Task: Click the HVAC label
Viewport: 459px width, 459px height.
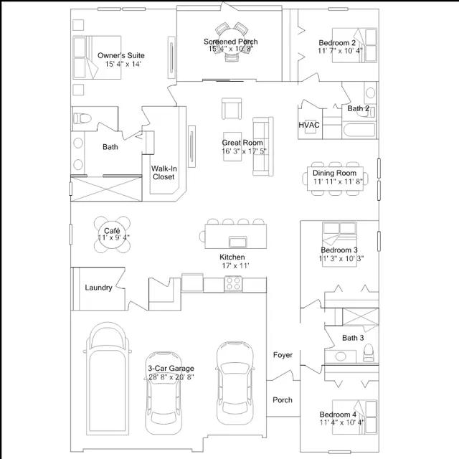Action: (x=309, y=125)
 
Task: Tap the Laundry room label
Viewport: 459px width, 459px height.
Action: (x=99, y=288)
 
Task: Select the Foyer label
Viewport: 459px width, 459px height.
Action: (x=283, y=355)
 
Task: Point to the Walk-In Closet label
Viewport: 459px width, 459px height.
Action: (x=164, y=173)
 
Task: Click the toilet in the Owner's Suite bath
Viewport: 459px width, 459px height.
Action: (x=82, y=118)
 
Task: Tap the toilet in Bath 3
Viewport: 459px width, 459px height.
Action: (x=368, y=353)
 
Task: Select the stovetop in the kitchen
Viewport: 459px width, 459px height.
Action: (x=233, y=283)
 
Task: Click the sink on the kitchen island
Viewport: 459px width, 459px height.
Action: (x=237, y=242)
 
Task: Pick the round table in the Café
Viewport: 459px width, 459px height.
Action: (x=112, y=235)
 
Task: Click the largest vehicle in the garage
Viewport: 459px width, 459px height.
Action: (x=108, y=379)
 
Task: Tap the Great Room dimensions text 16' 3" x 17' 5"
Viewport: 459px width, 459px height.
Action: (x=244, y=151)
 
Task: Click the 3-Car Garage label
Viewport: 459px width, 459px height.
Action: (x=171, y=368)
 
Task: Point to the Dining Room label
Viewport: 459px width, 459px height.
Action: (x=335, y=173)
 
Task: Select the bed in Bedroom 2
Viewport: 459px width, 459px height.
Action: (x=354, y=45)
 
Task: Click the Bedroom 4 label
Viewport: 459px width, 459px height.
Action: (x=338, y=415)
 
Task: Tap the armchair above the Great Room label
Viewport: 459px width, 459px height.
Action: (x=232, y=108)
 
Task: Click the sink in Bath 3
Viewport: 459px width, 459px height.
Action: (x=341, y=356)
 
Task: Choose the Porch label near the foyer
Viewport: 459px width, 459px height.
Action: (x=283, y=400)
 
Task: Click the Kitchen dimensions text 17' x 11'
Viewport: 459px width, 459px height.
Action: (x=235, y=266)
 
